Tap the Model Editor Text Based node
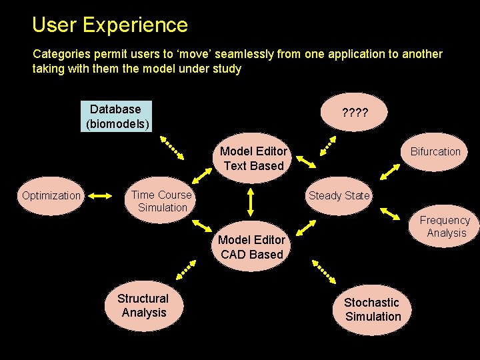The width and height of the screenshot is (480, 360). tap(253, 159)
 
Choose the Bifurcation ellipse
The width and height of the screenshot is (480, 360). tap(435, 152)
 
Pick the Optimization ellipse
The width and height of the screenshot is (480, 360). tap(51, 195)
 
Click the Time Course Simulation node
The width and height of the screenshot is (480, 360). tap(161, 201)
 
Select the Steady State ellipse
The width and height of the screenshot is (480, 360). tap(339, 195)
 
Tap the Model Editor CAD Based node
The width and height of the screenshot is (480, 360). tap(252, 247)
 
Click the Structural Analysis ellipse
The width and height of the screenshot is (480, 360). tap(143, 306)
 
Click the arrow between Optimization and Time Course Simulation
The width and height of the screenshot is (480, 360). tap(100, 196)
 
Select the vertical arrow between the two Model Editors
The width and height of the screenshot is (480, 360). tap(251, 200)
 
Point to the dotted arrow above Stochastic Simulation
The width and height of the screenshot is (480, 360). tap(324, 271)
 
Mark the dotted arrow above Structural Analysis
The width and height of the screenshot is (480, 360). tap(187, 269)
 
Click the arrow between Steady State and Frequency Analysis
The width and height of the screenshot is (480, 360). tap(393, 214)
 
